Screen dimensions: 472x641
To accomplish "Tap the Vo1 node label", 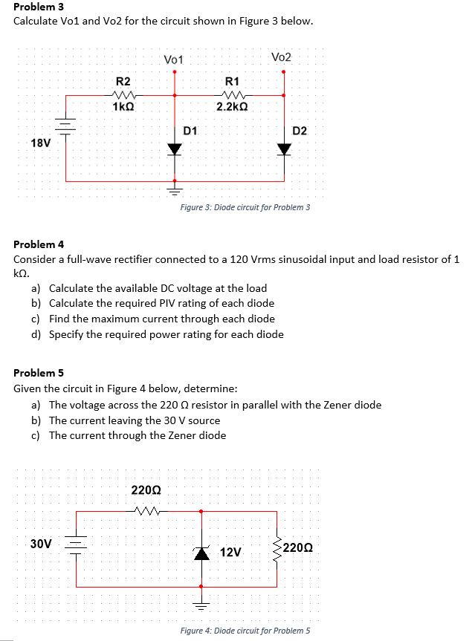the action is pyautogui.click(x=174, y=59).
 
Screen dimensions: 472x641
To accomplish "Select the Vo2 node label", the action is pyautogui.click(x=282, y=57).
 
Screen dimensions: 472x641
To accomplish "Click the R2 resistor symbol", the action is pyautogui.click(x=122, y=94).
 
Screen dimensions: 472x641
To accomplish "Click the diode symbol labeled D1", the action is pyautogui.click(x=175, y=149).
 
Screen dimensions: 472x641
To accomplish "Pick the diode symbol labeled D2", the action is pyautogui.click(x=283, y=149).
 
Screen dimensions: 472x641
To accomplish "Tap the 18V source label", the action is pyautogui.click(x=41, y=142).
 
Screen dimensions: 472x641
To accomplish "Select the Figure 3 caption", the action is pyautogui.click(x=245, y=207).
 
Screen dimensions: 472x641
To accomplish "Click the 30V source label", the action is pyautogui.click(x=41, y=544).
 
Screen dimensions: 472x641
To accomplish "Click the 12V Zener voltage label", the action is pyautogui.click(x=230, y=553).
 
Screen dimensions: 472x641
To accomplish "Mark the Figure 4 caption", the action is pyautogui.click(x=245, y=631).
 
